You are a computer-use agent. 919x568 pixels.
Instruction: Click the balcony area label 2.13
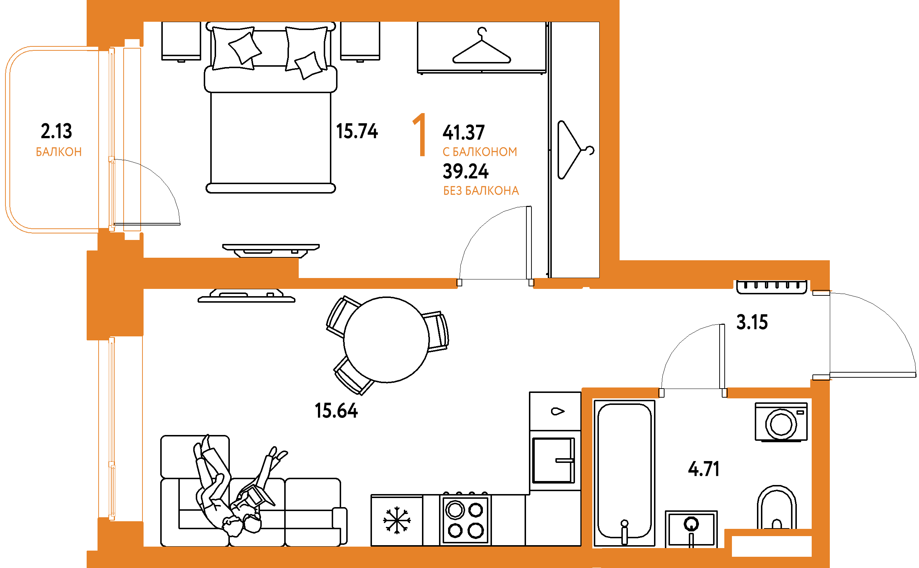(56, 131)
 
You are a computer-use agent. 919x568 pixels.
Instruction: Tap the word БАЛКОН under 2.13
(59, 152)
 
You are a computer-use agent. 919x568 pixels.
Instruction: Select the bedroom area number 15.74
(357, 131)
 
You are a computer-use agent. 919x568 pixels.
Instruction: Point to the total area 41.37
(464, 132)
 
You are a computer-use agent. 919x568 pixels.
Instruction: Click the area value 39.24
(465, 171)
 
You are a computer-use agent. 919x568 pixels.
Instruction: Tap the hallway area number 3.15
(752, 322)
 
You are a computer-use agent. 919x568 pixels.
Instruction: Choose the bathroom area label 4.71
(704, 469)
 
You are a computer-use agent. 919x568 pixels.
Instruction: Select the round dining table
(386, 340)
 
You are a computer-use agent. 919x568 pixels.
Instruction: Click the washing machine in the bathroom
(781, 422)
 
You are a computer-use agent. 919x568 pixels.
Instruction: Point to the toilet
(776, 507)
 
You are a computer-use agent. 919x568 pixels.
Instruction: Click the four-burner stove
(465, 520)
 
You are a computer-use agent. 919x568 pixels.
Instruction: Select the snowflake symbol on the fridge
(397, 520)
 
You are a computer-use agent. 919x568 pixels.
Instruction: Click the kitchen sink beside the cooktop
(554, 461)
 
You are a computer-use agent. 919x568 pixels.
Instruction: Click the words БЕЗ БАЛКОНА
(481, 191)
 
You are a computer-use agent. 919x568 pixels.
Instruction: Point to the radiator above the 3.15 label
(771, 287)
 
